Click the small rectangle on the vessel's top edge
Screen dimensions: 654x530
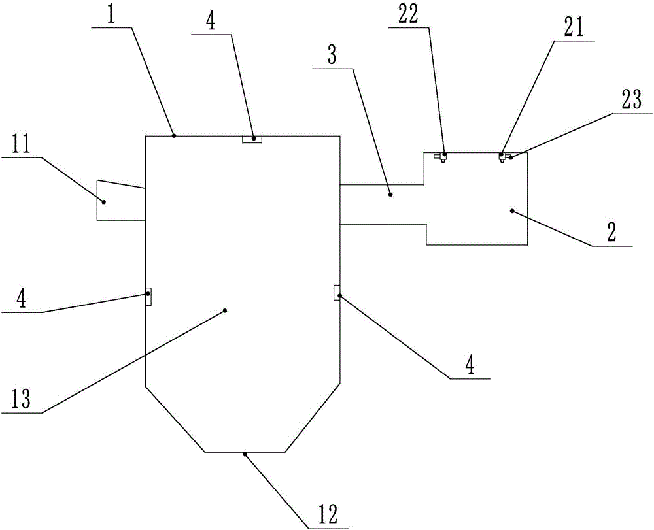pyautogui.click(x=252, y=139)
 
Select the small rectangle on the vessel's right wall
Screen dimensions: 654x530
pyautogui.click(x=337, y=292)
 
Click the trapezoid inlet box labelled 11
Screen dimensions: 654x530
pyautogui.click(x=120, y=200)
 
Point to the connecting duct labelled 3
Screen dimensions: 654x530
pyautogui.click(x=383, y=205)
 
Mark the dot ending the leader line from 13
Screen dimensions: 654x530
pyautogui.click(x=225, y=310)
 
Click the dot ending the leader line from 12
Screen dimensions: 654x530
pyautogui.click(x=245, y=453)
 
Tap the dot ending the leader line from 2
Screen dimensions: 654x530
pyautogui.click(x=512, y=210)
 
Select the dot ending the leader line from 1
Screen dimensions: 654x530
pyautogui.click(x=174, y=135)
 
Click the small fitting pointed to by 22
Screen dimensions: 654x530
pyautogui.click(x=442, y=157)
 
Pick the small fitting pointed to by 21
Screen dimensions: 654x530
pyautogui.click(x=502, y=157)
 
